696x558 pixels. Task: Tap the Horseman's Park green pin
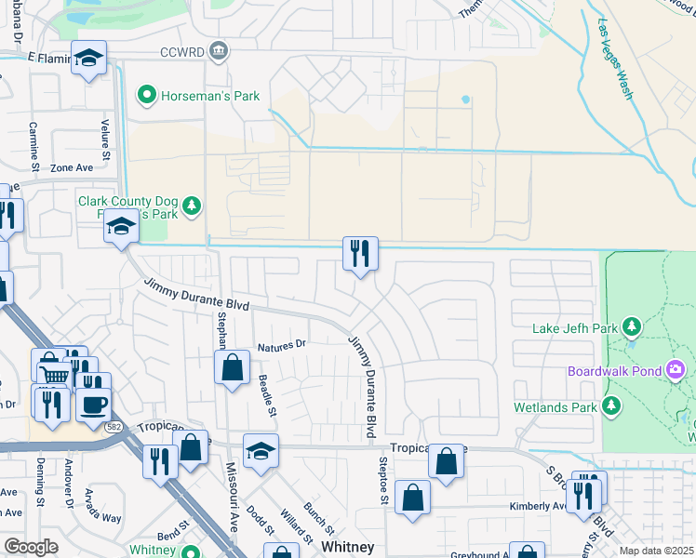tap(146, 95)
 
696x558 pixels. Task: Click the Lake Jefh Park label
tap(575, 327)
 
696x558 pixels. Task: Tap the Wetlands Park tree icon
tap(611, 405)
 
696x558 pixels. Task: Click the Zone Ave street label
tap(73, 168)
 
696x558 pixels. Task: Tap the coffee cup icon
tap(92, 405)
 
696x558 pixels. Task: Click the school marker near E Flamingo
tap(89, 60)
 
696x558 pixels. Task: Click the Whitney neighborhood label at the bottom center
tap(347, 548)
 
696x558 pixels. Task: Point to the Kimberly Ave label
tap(538, 507)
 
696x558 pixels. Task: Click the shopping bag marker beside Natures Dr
tap(232, 366)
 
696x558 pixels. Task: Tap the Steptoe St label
tap(382, 480)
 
